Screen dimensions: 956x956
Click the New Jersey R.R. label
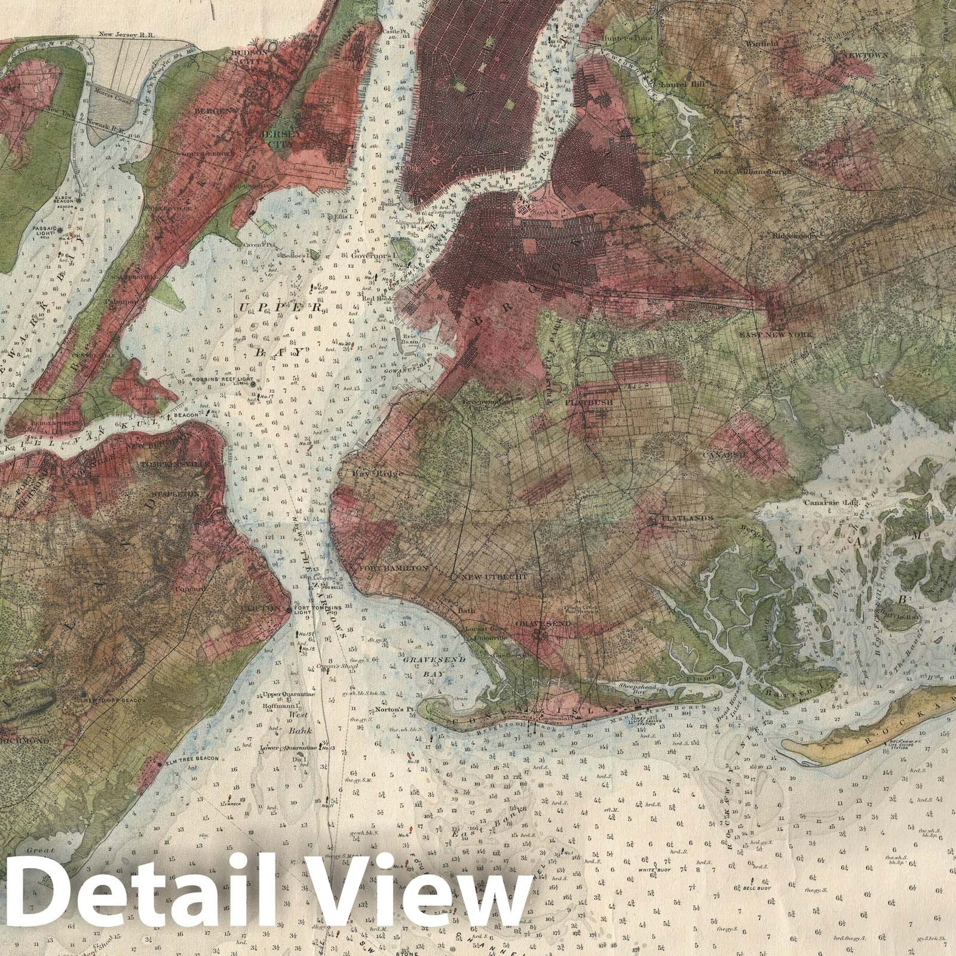click(x=119, y=36)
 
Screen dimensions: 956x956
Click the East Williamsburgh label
click(x=752, y=171)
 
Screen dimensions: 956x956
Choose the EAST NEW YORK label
click(x=776, y=335)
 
